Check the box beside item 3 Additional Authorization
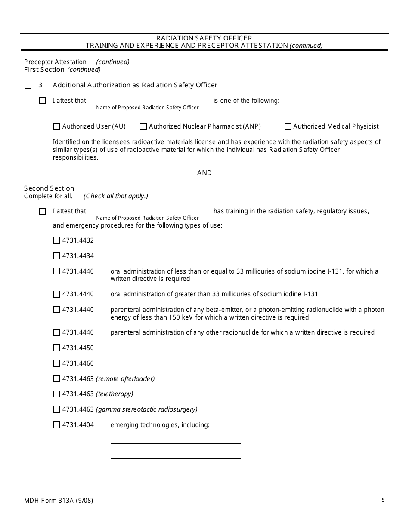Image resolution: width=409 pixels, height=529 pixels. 28,85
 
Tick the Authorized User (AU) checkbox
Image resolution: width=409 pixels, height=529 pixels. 57,126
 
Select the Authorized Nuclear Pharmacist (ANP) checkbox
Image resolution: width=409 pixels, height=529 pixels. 143,126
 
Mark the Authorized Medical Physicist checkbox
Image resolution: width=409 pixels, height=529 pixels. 288,126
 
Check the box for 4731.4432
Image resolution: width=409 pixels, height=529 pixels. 57,240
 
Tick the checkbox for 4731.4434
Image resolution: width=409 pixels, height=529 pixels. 57,256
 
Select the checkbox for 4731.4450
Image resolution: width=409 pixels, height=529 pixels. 57,348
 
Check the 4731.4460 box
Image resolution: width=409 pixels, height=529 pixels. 57,363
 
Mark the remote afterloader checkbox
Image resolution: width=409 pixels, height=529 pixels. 57,379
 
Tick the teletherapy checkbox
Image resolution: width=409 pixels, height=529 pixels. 57,394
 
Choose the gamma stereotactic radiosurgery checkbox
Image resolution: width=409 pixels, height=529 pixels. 57,409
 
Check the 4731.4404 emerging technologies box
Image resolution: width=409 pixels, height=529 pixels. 57,425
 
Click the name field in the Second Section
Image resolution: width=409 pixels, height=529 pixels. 149,211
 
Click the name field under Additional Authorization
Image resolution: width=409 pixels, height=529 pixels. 149,100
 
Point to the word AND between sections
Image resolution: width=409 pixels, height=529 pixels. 204,173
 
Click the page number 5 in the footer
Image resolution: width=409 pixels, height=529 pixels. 383,500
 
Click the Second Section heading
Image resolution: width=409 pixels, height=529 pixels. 49,188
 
